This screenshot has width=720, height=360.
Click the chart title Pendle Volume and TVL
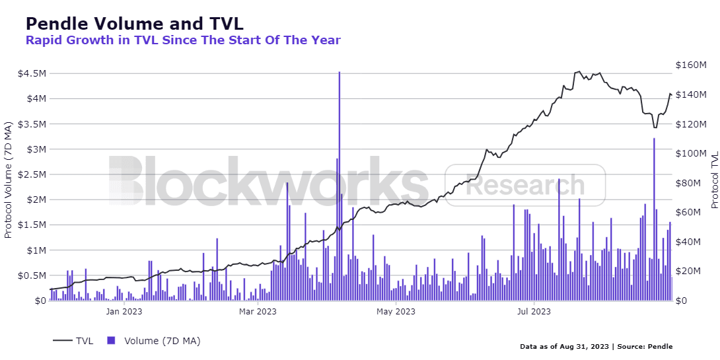coord(134,23)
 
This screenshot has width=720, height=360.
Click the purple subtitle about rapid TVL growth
coord(183,40)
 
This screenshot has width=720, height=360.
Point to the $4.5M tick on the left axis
coord(32,73)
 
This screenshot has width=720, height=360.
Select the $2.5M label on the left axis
coord(32,174)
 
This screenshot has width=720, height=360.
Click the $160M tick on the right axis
coord(692,65)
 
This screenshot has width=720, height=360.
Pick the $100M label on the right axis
coord(692,153)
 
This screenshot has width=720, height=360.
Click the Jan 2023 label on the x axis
coord(124,311)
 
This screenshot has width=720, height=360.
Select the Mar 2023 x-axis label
coord(258,311)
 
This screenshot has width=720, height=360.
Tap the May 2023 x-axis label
coord(396,311)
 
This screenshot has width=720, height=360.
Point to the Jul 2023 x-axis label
coord(534,311)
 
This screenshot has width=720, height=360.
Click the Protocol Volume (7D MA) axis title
coord(8,180)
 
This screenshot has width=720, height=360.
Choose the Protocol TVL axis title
coord(714,180)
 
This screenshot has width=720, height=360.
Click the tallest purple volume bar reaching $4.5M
coord(339,185)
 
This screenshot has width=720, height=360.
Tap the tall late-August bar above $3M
coord(654,218)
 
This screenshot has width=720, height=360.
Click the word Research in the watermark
coord(525,186)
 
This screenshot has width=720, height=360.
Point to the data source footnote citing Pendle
coord(596,346)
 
